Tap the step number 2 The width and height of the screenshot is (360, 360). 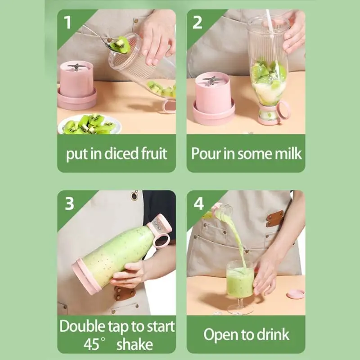198,22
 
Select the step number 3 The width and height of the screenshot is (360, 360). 69,203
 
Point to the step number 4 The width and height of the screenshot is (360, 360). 198,203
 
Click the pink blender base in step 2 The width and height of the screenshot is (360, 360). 213,97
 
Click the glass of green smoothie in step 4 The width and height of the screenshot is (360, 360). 240,281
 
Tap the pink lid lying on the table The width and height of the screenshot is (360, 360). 295,294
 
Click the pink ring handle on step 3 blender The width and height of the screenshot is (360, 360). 161,239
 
